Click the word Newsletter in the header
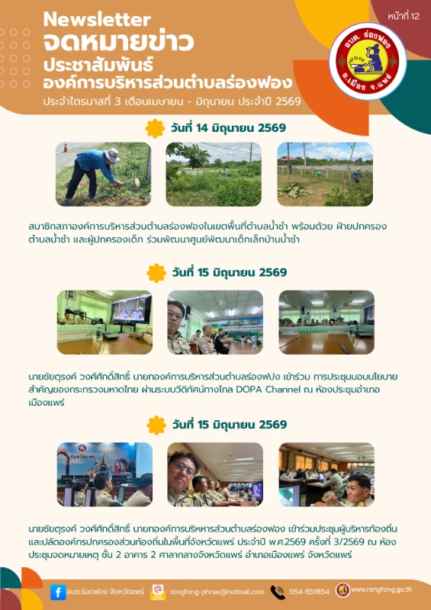[97, 20]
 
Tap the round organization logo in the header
[368, 61]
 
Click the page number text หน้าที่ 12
[404, 16]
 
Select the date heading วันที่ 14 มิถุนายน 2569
[228, 128]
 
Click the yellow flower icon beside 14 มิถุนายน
[155, 128]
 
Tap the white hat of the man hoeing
[112, 155]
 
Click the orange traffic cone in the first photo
[66, 147]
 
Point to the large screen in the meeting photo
[131, 310]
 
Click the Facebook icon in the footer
[58, 592]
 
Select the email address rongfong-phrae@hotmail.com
[217, 592]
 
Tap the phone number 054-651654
[309, 592]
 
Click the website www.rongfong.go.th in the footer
[381, 589]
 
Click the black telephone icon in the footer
[278, 592]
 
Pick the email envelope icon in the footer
[158, 592]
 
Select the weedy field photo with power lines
[214, 174]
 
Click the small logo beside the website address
[343, 590]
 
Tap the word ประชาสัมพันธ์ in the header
[98, 65]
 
